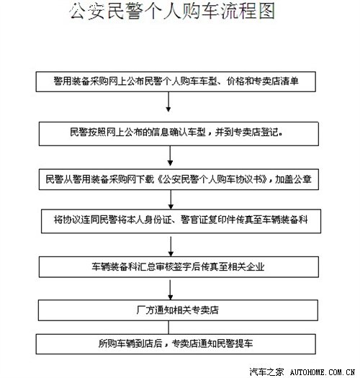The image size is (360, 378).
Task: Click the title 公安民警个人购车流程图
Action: (172, 11)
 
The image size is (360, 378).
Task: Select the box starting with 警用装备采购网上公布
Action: (176, 81)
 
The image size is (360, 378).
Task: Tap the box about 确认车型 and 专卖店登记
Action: (179, 133)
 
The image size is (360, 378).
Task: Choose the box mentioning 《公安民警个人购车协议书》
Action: (179, 179)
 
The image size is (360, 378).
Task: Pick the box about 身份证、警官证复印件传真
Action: (181, 221)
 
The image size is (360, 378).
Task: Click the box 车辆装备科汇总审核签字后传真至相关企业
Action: (179, 267)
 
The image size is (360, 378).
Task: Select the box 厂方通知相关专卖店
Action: (178, 310)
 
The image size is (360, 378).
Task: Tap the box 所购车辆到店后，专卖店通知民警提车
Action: (176, 344)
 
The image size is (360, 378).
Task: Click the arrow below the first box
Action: (168, 102)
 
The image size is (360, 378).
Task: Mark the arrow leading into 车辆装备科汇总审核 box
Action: (171, 246)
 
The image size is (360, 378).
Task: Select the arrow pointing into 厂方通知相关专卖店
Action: (170, 289)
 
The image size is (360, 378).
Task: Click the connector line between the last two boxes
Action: (168, 328)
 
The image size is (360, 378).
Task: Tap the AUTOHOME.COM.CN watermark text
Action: (323, 372)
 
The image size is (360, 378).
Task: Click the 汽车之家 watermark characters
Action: (266, 372)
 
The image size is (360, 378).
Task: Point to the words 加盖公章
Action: (293, 179)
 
